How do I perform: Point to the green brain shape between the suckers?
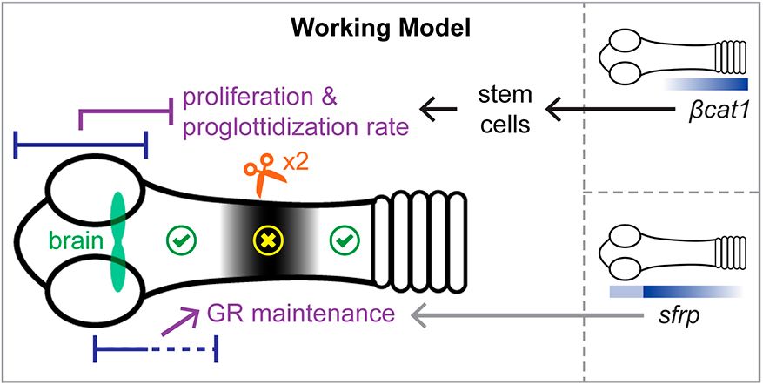(x=118, y=238)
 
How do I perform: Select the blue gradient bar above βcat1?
(x=705, y=84)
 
